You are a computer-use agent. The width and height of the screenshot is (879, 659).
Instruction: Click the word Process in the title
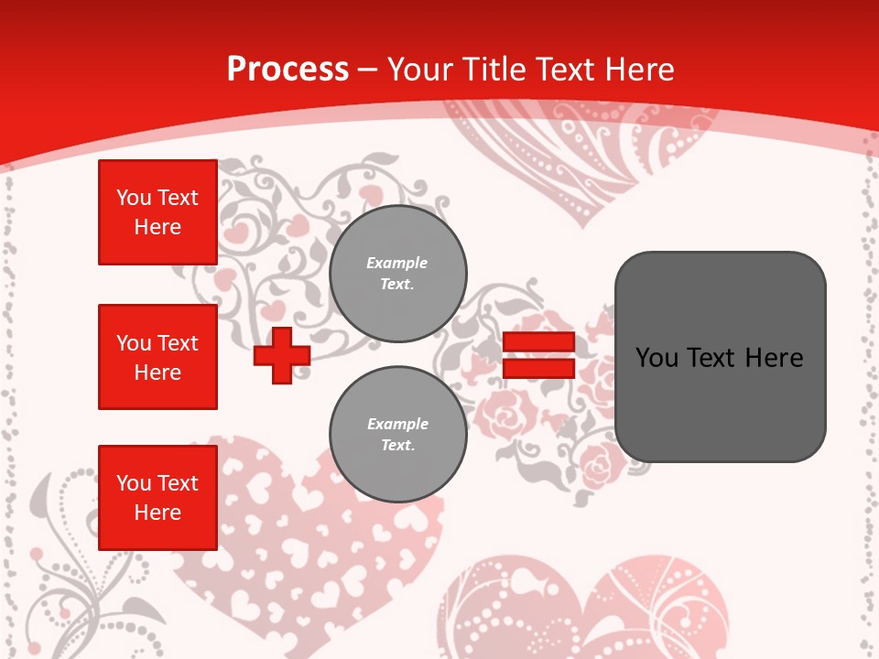coord(288,70)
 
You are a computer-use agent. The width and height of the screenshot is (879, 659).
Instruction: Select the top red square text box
coord(157,212)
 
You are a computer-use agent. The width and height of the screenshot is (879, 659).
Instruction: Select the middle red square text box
coord(157,357)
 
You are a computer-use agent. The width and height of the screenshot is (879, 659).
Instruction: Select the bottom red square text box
coord(157,498)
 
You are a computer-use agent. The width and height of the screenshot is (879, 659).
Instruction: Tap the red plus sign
coord(281,355)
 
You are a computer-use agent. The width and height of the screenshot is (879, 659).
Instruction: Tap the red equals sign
coord(538,355)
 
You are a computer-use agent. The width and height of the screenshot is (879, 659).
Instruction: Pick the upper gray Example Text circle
coord(398,274)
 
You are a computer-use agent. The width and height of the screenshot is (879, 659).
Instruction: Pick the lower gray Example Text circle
coord(398,434)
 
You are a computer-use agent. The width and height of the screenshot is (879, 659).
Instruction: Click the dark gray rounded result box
coord(720,357)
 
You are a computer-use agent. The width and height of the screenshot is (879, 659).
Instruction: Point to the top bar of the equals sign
coord(538,342)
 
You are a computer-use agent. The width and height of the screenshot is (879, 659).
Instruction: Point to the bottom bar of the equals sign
coord(538,368)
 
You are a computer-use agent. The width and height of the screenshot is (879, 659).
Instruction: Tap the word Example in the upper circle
coord(397,263)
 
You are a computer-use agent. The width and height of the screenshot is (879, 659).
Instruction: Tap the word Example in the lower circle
coord(397,424)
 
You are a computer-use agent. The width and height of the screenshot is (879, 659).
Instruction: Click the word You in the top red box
coord(134,198)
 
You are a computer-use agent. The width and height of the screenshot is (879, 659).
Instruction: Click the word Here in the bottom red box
coord(157,513)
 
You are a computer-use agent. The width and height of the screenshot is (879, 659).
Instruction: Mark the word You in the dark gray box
coord(657,358)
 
